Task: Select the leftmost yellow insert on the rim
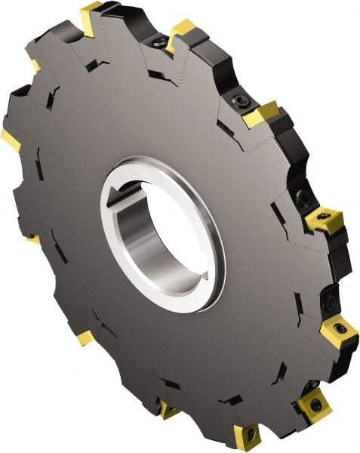pyautogui.click(x=11, y=138)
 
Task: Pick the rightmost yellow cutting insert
pyautogui.click(x=339, y=332)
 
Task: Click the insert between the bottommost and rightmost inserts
pyautogui.click(x=312, y=403)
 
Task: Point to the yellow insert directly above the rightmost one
pyautogui.click(x=324, y=219)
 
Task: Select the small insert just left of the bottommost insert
pyautogui.click(x=168, y=410)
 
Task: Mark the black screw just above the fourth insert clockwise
pyautogui.click(x=304, y=198)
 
